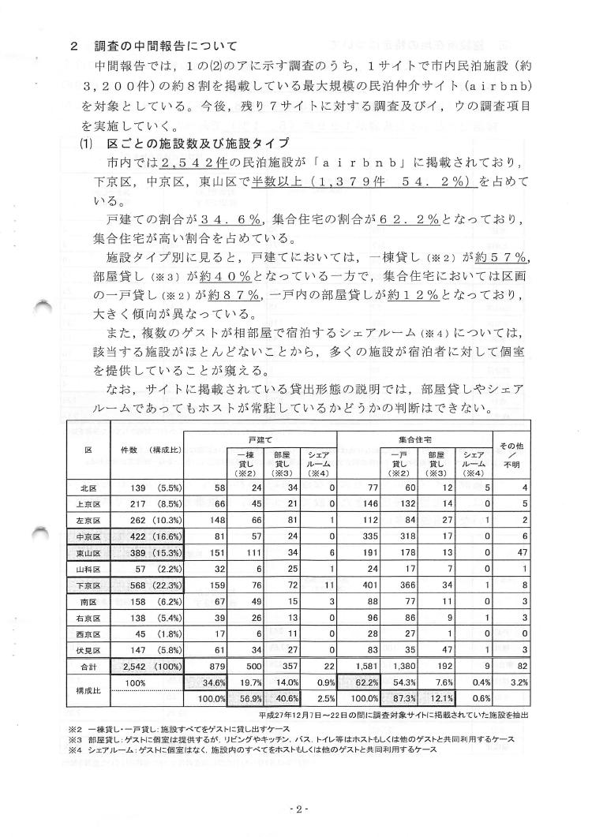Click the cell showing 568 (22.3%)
148,585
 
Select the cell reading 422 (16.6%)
148,536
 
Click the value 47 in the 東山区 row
520,553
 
